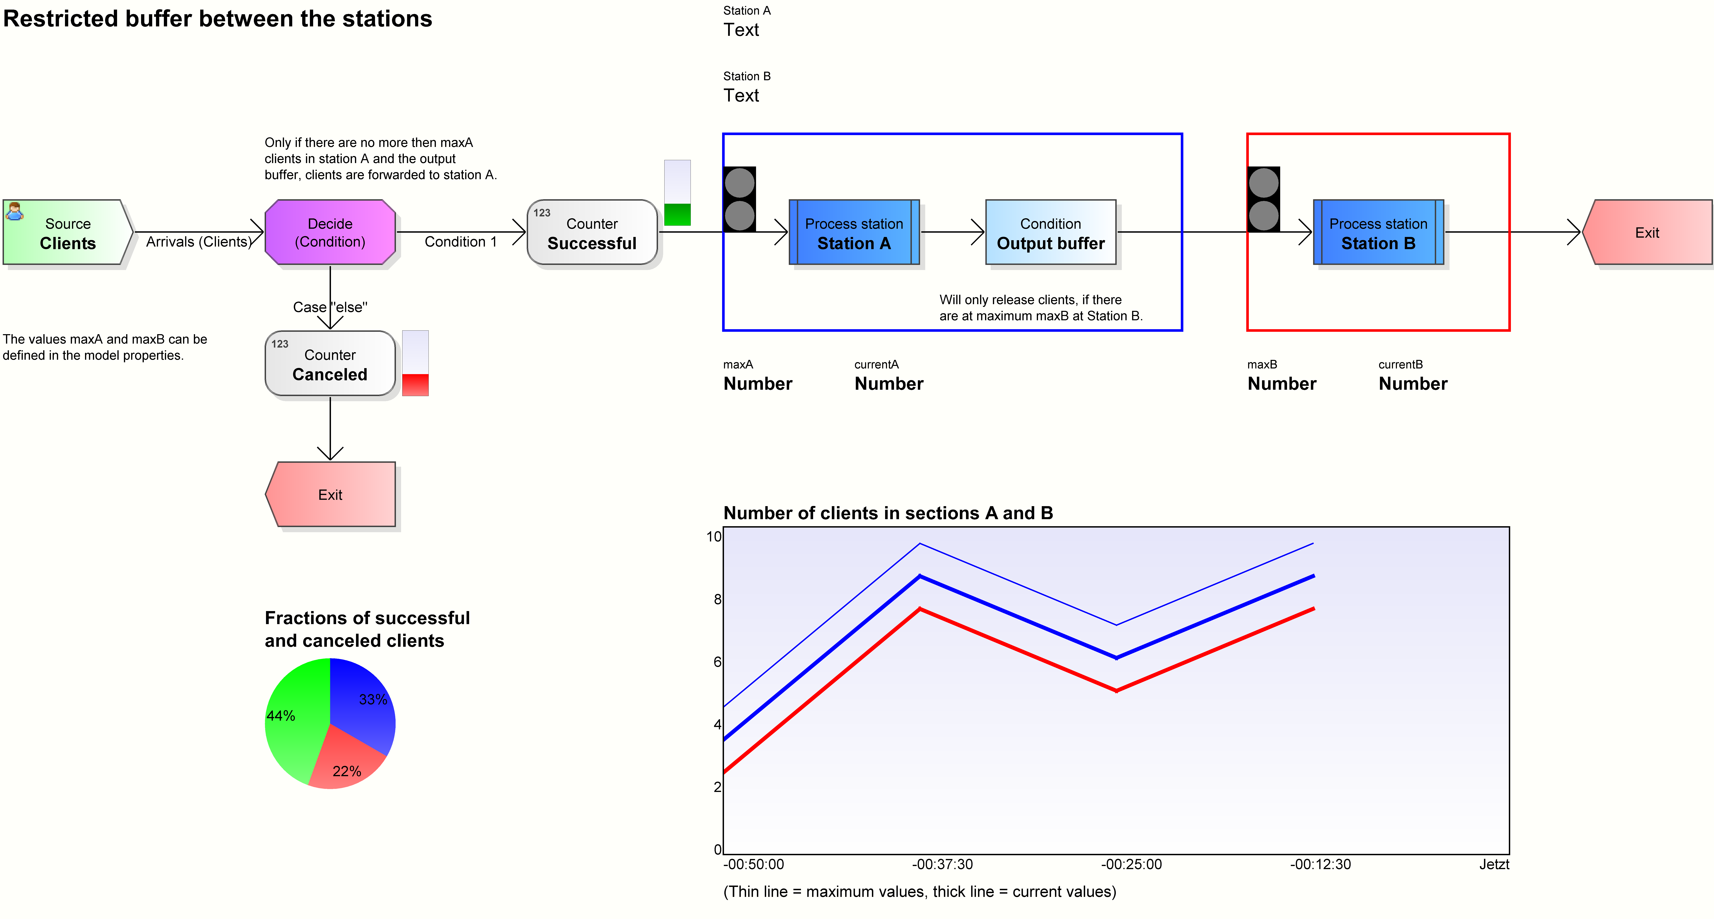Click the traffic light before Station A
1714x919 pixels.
[739, 199]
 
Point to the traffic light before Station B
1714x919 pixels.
[1264, 199]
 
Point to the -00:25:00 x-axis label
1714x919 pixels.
[1131, 864]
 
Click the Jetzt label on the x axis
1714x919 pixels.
[1494, 864]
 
